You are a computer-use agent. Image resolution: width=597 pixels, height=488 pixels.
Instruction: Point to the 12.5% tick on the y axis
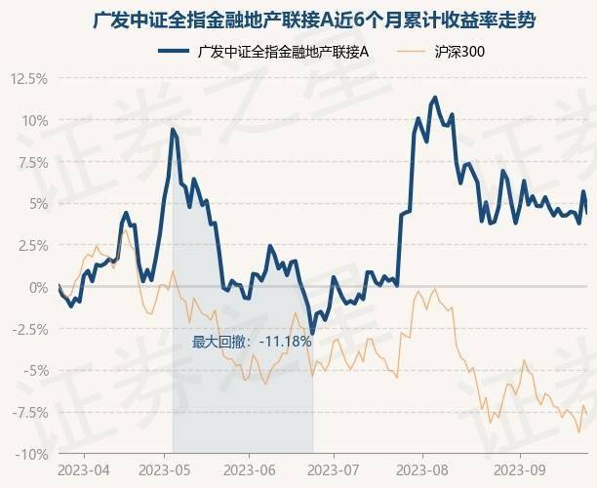[28, 79]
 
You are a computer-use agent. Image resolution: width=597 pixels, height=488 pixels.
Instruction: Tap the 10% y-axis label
[35, 121]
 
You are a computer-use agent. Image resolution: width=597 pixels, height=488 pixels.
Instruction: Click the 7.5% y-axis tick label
[32, 163]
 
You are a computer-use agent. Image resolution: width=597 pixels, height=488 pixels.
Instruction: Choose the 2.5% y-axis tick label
[32, 246]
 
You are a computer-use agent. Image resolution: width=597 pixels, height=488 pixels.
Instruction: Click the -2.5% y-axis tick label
[30, 330]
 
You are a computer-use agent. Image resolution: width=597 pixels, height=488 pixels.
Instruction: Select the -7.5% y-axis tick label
[30, 413]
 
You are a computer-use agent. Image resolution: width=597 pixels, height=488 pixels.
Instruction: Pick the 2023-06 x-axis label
[249, 469]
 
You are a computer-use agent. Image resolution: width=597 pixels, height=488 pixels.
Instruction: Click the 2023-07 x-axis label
[334, 469]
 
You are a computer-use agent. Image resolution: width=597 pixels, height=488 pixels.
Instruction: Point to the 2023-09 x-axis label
[519, 469]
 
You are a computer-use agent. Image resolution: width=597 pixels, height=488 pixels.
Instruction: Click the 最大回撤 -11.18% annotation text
[252, 342]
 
